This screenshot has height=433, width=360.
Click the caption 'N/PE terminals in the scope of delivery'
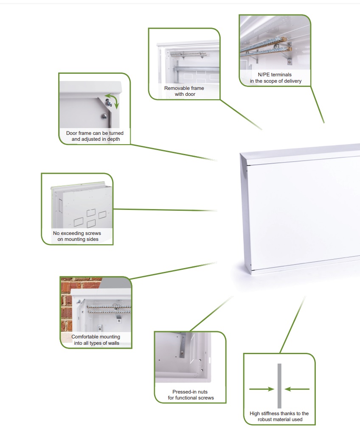tap(276, 78)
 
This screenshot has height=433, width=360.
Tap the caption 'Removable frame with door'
tap(184, 91)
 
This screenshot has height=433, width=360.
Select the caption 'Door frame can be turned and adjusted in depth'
tap(95, 136)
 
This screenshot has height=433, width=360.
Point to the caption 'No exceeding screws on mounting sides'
tap(77, 236)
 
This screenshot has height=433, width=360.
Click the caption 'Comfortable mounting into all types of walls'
tap(96, 340)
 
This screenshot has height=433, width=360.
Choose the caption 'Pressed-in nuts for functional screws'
tap(191, 395)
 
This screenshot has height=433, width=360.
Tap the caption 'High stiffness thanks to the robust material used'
tap(279, 416)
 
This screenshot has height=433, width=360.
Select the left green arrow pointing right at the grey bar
tap(262, 389)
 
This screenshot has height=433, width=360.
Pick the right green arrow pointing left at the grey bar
tap(297, 389)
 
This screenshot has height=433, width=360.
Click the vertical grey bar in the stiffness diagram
tap(279, 386)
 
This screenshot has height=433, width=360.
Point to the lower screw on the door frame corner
tap(104, 117)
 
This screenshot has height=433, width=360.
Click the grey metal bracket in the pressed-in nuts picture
tap(183, 345)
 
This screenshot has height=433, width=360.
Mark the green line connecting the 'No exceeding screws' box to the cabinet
tap(165, 210)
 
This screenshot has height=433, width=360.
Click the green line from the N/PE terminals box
tap(318, 105)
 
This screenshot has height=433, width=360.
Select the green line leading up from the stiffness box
tap(293, 325)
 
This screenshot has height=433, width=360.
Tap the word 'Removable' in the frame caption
tap(176, 88)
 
